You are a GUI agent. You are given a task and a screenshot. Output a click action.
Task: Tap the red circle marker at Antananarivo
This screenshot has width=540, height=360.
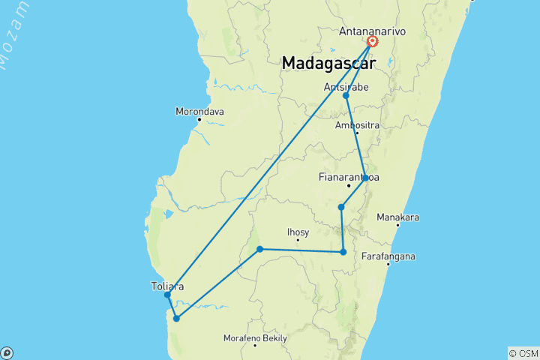pos(372,42)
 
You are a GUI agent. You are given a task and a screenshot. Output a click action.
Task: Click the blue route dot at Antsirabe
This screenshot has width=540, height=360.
pos(346,96)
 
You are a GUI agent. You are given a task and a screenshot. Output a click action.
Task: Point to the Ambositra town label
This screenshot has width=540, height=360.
pos(358,124)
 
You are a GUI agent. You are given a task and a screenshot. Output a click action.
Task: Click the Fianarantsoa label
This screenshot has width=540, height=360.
pos(348,178)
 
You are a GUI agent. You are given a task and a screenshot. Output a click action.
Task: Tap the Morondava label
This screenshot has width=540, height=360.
pos(199,112)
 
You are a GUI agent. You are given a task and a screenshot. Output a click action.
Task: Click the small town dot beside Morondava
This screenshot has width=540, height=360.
pos(199,119)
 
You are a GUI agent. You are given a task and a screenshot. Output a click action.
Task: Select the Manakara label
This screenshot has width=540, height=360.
pos(397,217)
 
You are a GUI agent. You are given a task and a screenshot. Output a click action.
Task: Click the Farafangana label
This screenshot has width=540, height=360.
pos(388,256)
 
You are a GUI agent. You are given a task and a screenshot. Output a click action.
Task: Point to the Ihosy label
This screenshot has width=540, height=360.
pos(298,232)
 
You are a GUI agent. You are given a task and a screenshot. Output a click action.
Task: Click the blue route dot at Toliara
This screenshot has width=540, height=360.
pos(168,295)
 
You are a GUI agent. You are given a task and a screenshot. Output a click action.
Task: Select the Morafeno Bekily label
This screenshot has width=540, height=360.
pos(255,338)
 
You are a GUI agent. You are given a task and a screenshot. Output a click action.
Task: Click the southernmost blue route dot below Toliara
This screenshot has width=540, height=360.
pos(176,319)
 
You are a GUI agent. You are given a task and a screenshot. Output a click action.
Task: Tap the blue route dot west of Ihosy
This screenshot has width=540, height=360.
pos(259,249)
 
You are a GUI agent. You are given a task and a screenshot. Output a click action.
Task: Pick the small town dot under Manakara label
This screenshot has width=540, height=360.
pos(397,224)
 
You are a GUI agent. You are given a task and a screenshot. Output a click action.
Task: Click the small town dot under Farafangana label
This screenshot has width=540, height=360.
pos(388,264)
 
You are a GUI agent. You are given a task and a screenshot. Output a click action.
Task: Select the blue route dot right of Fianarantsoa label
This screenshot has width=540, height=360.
pos(365,178)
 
